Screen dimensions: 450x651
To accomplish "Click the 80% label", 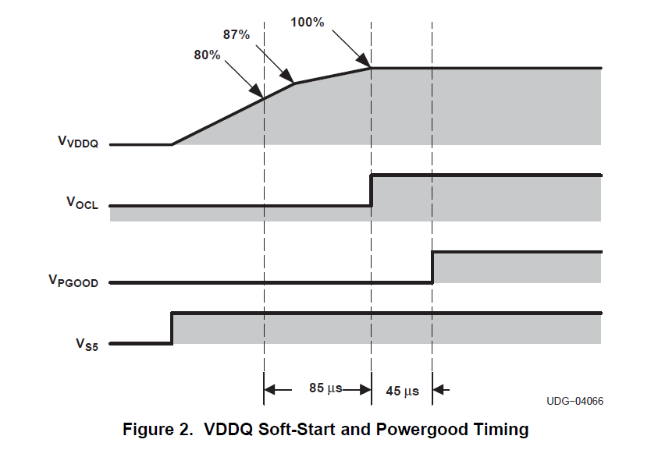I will point(207,55).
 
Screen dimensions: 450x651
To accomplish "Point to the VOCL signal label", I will point(82,204).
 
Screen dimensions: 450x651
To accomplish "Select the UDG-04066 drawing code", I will point(575,401).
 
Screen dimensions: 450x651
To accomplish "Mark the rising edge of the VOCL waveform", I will point(372,191).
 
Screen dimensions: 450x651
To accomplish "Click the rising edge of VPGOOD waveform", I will point(432,268).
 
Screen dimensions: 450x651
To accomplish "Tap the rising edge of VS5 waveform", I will point(172,328).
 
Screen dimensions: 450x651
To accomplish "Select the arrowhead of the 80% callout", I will point(260,95).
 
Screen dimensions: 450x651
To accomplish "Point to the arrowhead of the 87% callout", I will point(290,80).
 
